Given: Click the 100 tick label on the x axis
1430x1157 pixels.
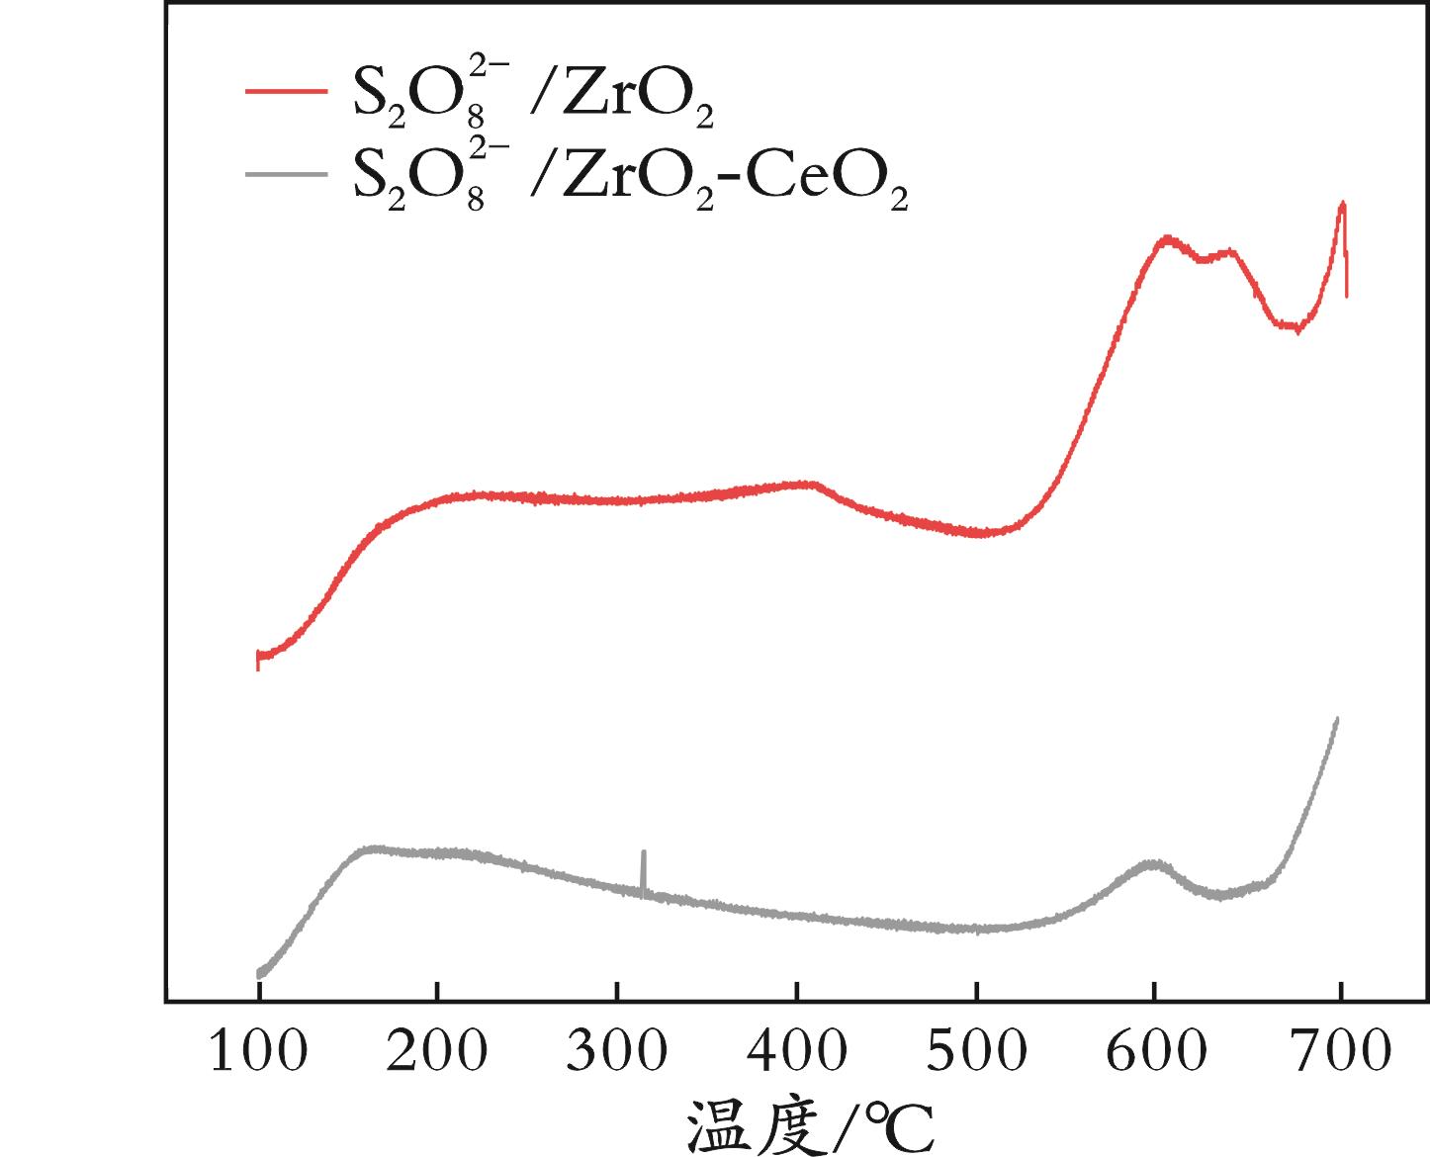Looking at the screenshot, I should point(257,1053).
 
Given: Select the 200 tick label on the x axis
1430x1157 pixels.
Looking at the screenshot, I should point(436,1053).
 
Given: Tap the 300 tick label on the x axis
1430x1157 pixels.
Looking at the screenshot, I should point(616,1053).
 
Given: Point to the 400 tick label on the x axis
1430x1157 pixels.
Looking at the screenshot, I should point(796,1053).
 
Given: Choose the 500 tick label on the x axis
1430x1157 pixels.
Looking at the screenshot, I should point(976,1053).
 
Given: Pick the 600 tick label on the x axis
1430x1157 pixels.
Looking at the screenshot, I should point(1155,1053).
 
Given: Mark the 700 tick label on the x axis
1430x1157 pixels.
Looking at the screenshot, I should point(1340,1053).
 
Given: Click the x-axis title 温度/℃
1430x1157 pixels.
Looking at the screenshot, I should point(810,1125).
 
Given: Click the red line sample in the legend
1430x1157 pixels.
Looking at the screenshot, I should point(286,91).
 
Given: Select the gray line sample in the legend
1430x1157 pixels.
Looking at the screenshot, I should point(286,173).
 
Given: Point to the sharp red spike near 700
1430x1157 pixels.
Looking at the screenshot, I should point(1342,205).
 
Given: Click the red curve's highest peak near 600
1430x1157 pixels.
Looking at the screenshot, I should point(1168,238).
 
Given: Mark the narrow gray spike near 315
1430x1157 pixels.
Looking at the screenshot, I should point(644,852).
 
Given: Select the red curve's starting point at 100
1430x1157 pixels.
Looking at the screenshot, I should point(258,657).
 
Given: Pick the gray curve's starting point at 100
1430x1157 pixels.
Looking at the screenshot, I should point(259,973).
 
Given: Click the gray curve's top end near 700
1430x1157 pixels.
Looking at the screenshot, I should point(1337,719).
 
